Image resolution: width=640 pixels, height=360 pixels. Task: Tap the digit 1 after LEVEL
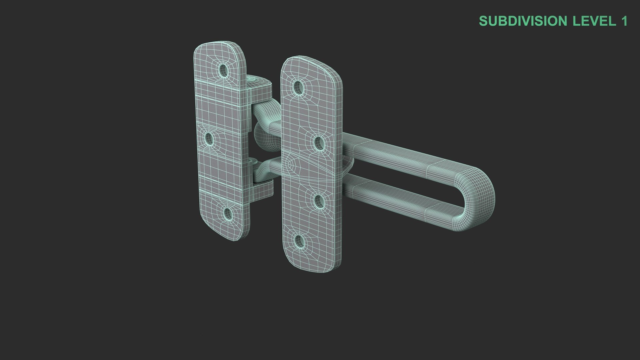[624, 21]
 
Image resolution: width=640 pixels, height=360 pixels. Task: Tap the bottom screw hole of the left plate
[228, 213]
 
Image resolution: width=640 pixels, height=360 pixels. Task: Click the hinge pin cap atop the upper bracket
[252, 79]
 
